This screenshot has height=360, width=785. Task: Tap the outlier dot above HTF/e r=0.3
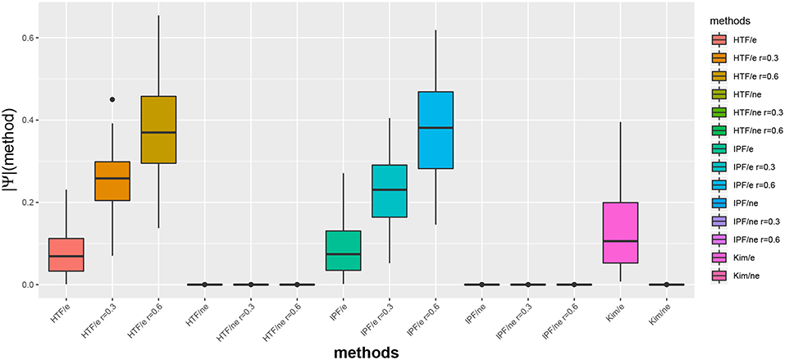[x=112, y=99]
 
